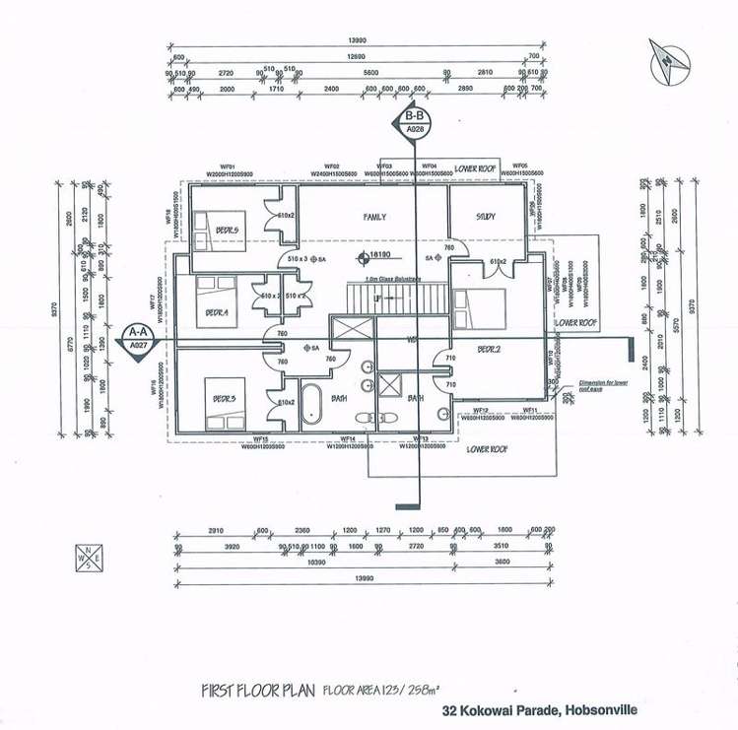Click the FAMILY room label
pos(374,217)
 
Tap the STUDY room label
pos(485,217)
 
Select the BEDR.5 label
pos(228,230)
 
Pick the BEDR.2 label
pos(490,350)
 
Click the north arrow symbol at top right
pos(669,59)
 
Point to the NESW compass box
pos(86,558)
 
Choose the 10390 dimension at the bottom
pos(315,561)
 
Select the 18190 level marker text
pos(381,254)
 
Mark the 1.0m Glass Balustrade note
pos(393,279)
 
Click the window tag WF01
pos(227,167)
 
